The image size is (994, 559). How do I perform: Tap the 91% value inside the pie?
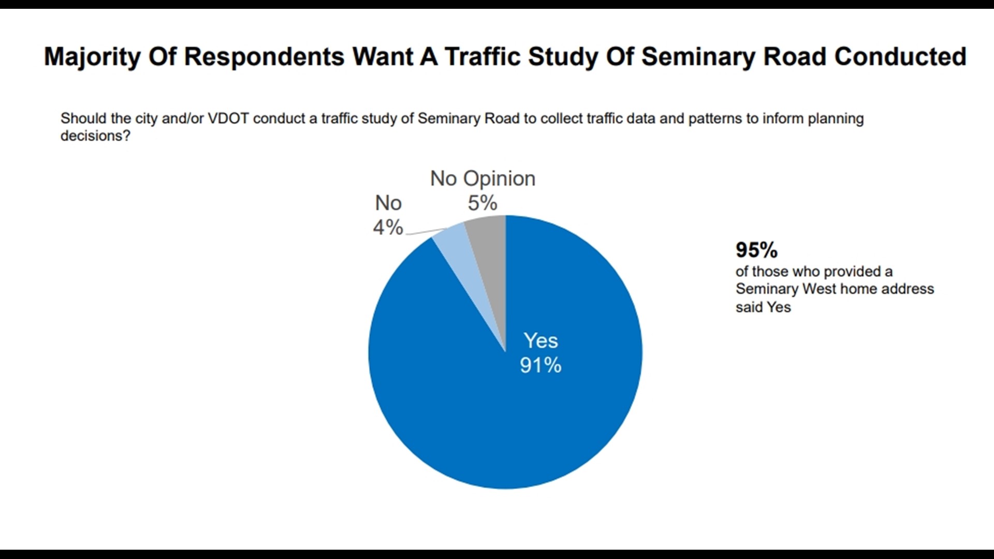pyautogui.click(x=540, y=365)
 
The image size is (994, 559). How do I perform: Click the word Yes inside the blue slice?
pyautogui.click(x=540, y=341)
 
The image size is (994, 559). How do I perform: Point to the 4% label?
pyautogui.click(x=388, y=227)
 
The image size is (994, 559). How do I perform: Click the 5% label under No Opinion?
pyautogui.click(x=483, y=203)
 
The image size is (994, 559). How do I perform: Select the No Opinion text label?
pyautogui.click(x=483, y=179)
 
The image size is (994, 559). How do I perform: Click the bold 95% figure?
pyautogui.click(x=756, y=250)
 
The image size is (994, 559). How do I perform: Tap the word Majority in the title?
pyautogui.click(x=92, y=57)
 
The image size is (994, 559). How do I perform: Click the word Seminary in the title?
pyautogui.click(x=698, y=57)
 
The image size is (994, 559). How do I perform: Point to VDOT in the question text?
pyautogui.click(x=228, y=119)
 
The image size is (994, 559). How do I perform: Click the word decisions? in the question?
pyautogui.click(x=95, y=136)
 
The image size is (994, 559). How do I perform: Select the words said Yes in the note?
pyautogui.click(x=763, y=307)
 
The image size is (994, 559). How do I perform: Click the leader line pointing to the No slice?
pyautogui.click(x=428, y=232)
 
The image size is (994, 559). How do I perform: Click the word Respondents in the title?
pyautogui.click(x=264, y=57)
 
